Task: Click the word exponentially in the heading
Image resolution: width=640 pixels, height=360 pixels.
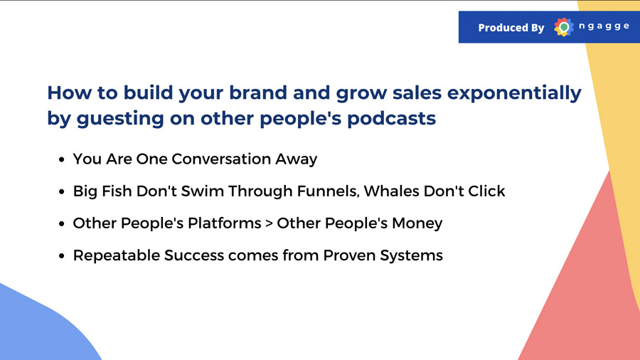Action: coord(514,93)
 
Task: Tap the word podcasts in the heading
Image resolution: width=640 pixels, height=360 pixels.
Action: coord(391,118)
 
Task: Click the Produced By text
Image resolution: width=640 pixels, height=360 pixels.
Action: coord(511,28)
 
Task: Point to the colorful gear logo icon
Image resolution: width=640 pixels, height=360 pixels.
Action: coord(564,27)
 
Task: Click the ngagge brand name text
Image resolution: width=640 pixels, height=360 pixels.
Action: coord(604,26)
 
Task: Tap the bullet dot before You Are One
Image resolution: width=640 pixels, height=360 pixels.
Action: coord(62,159)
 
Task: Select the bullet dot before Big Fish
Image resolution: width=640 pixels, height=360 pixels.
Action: coord(62,192)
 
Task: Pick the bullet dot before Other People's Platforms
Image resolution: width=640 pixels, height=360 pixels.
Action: coord(62,224)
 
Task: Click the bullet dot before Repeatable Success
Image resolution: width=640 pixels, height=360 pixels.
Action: coord(62,256)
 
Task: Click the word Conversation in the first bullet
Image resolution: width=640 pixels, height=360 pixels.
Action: coord(221,159)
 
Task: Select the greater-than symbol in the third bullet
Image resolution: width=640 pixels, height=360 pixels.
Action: coord(269,223)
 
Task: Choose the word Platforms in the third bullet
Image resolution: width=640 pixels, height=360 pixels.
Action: coord(224,223)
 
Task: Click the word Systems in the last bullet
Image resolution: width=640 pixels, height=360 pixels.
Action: coord(412,255)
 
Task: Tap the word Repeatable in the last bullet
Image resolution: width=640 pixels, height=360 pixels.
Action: coord(117,255)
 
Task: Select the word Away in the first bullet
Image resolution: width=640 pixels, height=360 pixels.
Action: coord(296,159)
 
